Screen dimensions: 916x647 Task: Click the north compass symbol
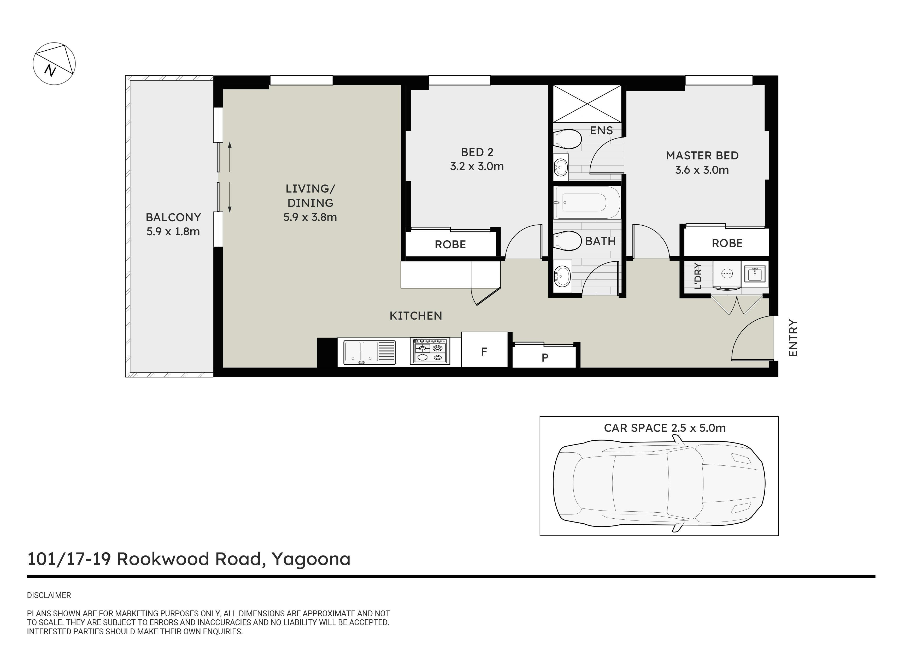(x=54, y=64)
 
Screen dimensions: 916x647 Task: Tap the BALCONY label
(x=173, y=217)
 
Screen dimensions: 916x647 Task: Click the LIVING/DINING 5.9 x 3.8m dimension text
(x=310, y=217)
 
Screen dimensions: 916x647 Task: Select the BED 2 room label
(x=477, y=152)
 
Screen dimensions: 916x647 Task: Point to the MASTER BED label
(x=702, y=155)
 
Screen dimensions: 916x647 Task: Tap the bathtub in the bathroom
(x=587, y=202)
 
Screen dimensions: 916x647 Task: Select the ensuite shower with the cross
(x=587, y=104)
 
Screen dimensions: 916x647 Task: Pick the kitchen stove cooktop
(x=430, y=351)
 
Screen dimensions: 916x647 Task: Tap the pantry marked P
(x=545, y=356)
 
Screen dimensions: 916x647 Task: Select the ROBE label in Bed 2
(x=450, y=244)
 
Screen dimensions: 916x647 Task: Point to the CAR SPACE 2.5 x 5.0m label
(x=665, y=428)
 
